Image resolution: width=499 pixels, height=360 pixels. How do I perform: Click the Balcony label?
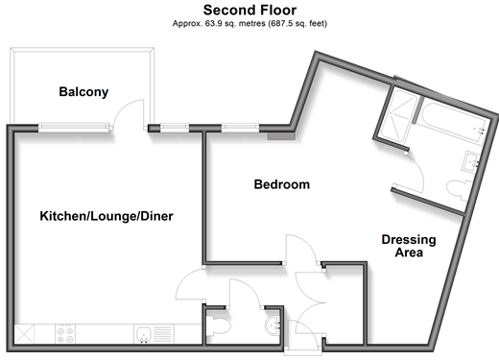[x=83, y=92]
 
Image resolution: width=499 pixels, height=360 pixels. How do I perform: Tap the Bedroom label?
[x=282, y=184]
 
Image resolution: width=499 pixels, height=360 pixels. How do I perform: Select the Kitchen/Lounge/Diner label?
[x=107, y=216]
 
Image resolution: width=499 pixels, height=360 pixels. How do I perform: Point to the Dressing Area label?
[x=409, y=246]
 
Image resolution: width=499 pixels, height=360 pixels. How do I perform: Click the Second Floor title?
[x=249, y=11]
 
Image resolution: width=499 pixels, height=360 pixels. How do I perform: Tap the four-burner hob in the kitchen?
[x=65, y=334]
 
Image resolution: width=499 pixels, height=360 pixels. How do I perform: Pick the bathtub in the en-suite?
[x=453, y=123]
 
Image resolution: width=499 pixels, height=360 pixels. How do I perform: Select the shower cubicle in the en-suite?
[x=399, y=115]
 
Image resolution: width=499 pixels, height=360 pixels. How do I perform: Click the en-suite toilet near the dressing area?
[x=459, y=190]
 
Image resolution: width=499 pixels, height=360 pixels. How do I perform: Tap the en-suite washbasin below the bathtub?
[x=471, y=162]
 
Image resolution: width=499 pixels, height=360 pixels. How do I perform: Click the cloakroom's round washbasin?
[x=273, y=325]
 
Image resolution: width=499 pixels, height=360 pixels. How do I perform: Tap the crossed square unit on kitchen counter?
[x=24, y=334]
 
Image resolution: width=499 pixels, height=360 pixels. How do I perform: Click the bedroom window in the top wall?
[x=240, y=128]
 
